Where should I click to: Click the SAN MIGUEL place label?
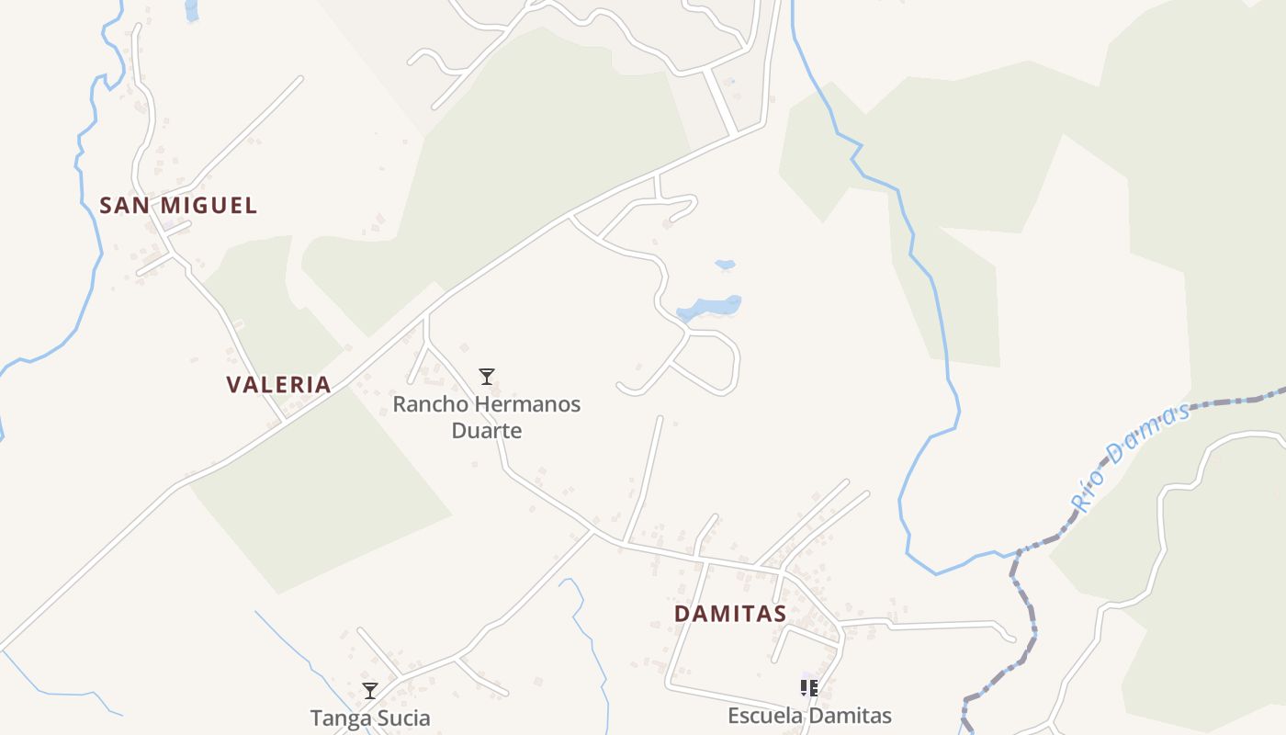point(178,206)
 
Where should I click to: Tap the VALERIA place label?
point(279,385)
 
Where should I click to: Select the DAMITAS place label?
point(730,614)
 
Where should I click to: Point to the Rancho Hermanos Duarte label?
point(487,417)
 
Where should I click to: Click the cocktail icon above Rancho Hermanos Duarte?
point(487,376)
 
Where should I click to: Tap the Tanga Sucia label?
point(370,718)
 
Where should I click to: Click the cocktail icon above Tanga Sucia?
point(370,691)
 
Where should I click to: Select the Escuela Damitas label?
point(809,716)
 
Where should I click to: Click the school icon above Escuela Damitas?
point(809,687)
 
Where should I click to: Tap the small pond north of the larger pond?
point(726,266)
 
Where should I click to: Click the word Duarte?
point(487,430)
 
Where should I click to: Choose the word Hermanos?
point(528,404)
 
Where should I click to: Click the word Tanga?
point(338,718)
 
